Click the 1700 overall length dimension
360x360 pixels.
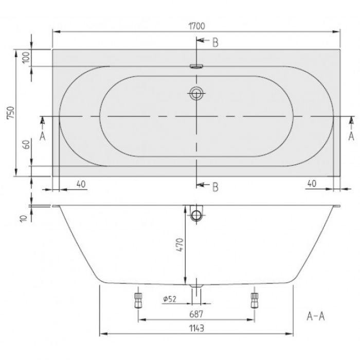coord(197,26)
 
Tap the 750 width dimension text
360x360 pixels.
coord(11,113)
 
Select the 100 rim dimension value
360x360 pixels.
coord(26,58)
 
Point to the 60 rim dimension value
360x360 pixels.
coord(27,145)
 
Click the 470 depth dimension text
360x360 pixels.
coord(181,245)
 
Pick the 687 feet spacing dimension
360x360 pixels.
coord(196,314)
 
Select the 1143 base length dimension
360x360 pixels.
coord(197,328)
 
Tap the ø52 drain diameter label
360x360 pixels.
coord(170,299)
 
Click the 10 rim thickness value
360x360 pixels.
coord(24,219)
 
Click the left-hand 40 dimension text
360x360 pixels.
coord(81,184)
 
